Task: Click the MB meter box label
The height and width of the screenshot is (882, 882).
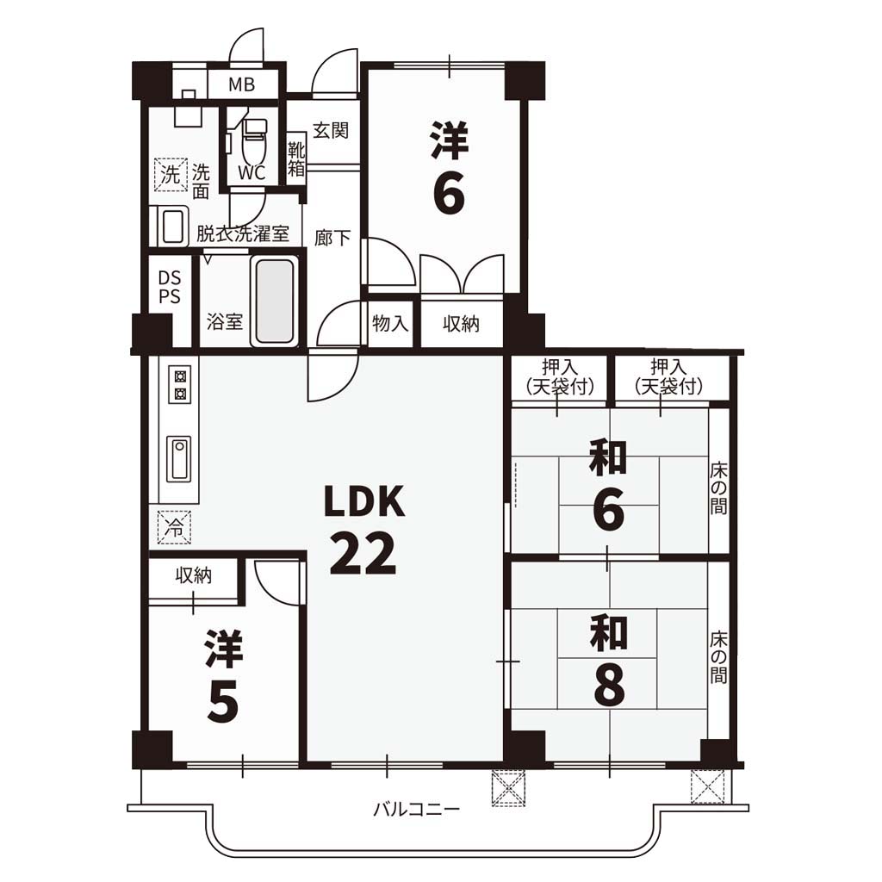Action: click(x=241, y=84)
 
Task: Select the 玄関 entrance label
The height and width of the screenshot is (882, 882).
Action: click(x=331, y=130)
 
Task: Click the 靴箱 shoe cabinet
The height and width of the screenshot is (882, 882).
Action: click(x=296, y=158)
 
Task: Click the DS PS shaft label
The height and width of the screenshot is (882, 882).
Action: click(x=170, y=287)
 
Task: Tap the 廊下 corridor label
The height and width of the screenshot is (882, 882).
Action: click(x=332, y=238)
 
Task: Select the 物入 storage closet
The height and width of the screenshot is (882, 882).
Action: click(x=390, y=324)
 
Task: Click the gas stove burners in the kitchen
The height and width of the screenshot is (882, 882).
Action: click(x=180, y=385)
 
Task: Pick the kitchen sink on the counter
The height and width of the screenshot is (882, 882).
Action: click(x=179, y=458)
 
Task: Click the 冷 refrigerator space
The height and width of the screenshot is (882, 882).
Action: click(x=174, y=527)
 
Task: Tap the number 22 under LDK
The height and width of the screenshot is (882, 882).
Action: click(x=363, y=554)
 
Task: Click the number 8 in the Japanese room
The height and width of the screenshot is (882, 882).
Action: click(x=609, y=686)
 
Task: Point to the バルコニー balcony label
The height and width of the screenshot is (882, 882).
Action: click(x=417, y=810)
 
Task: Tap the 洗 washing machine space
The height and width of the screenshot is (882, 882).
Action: click(x=171, y=174)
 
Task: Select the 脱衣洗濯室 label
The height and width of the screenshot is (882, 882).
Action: click(x=243, y=233)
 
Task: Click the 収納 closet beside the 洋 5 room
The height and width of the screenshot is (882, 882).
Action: click(x=194, y=581)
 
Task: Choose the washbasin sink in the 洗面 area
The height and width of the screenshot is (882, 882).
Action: click(x=172, y=227)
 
